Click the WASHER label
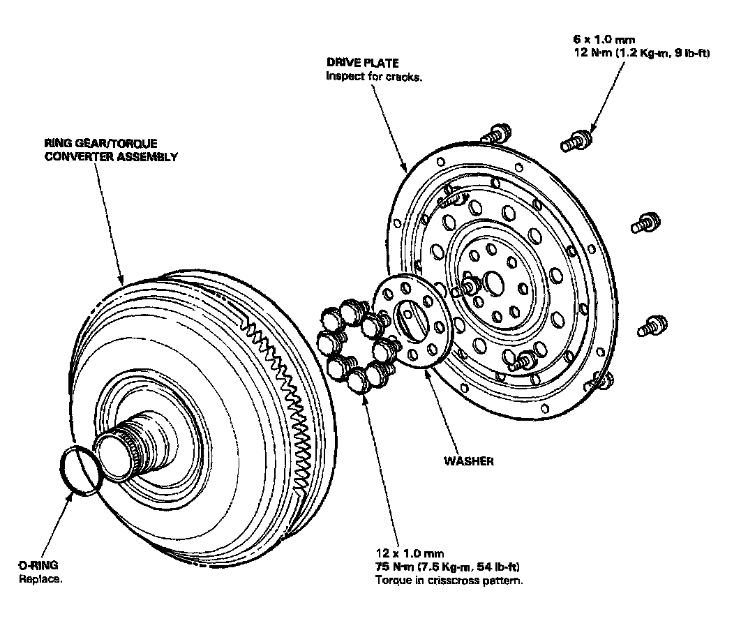tap(469, 461)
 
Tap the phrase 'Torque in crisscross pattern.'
tap(449, 580)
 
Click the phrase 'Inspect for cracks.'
tap(375, 76)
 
